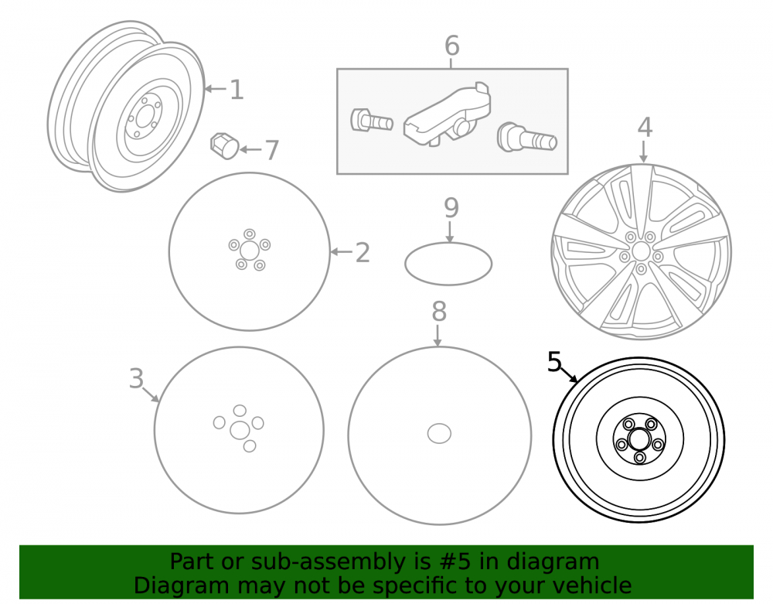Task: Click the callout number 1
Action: coord(237,90)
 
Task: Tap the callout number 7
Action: coord(272,150)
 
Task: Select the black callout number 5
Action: coord(554,362)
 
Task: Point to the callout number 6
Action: coord(452,46)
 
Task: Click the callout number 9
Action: coord(451,207)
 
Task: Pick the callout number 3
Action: coord(136,379)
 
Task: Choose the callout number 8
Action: coord(439,312)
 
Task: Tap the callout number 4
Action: coord(645,127)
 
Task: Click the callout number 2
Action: coord(363,252)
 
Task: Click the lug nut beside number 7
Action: coord(224,146)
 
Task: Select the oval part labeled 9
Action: coord(448,264)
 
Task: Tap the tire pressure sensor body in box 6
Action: coord(447,116)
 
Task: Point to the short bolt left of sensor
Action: coord(371,120)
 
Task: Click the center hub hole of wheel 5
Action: coord(639,438)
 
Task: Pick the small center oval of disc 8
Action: coord(439,433)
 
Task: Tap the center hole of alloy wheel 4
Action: coord(640,251)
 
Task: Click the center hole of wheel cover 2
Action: coord(250,250)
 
